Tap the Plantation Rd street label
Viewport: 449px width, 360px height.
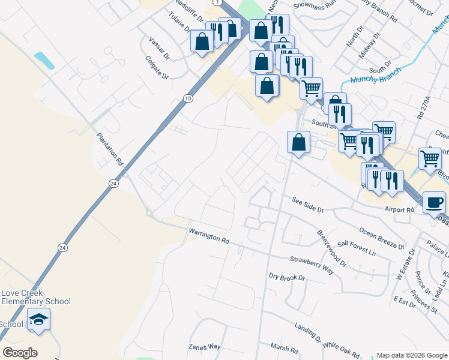110,149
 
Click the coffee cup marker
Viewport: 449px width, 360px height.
434,202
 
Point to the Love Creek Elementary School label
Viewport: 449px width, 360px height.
35,298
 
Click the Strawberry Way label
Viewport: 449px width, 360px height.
312,265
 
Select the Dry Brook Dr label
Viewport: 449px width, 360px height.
287,277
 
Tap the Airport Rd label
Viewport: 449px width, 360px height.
400,210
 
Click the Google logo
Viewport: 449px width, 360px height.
20,353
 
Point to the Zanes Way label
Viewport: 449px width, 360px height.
205,347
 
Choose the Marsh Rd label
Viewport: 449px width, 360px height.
284,349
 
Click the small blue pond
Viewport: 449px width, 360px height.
44,60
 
